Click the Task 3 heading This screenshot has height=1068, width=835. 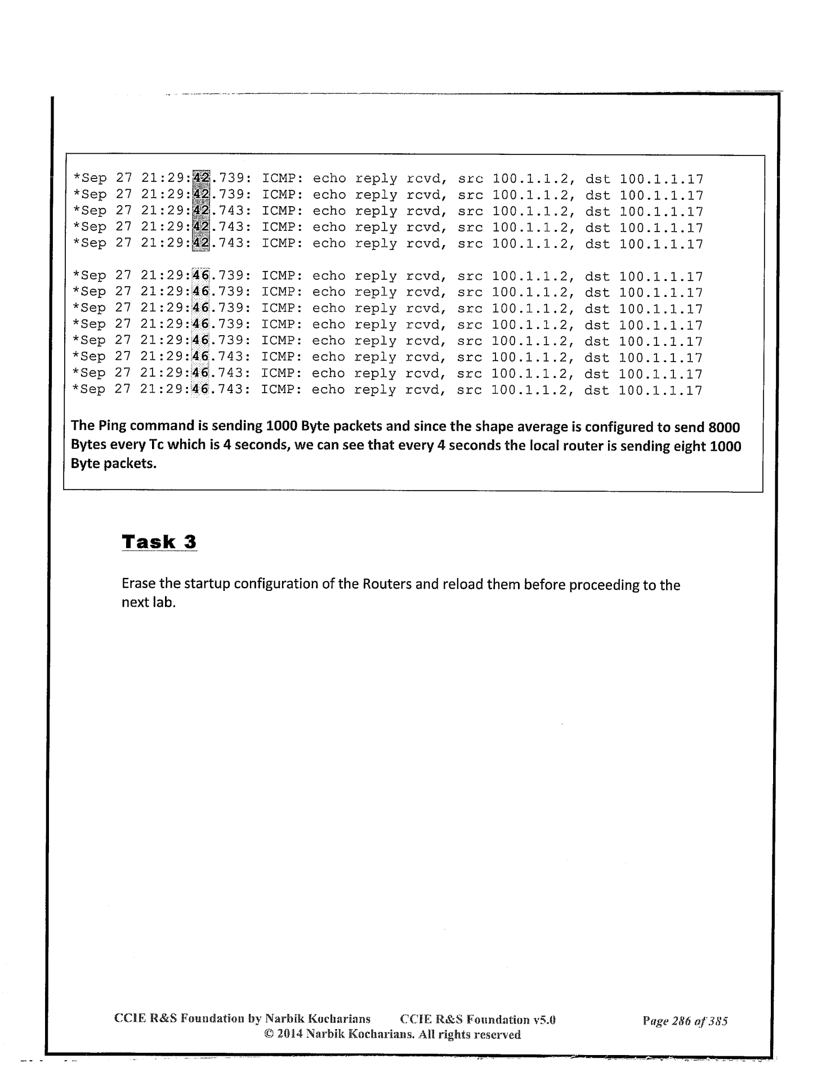pos(159,542)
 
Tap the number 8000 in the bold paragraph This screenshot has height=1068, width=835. pos(724,427)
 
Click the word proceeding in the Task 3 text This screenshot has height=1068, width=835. pos(602,585)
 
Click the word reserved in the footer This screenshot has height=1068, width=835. pos(497,1035)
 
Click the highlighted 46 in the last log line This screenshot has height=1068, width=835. pos(200,390)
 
